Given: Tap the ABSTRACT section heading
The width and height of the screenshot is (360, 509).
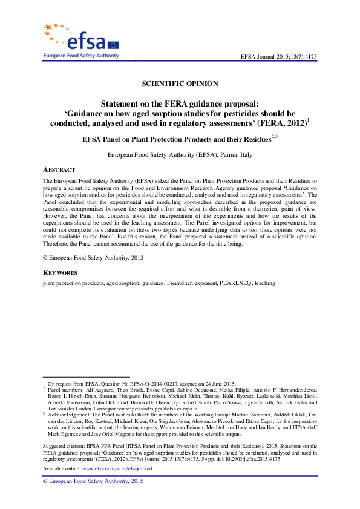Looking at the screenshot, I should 59,169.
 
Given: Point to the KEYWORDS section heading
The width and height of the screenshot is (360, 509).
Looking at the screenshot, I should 60,273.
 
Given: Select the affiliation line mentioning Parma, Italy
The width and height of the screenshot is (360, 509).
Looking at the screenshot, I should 180,155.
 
